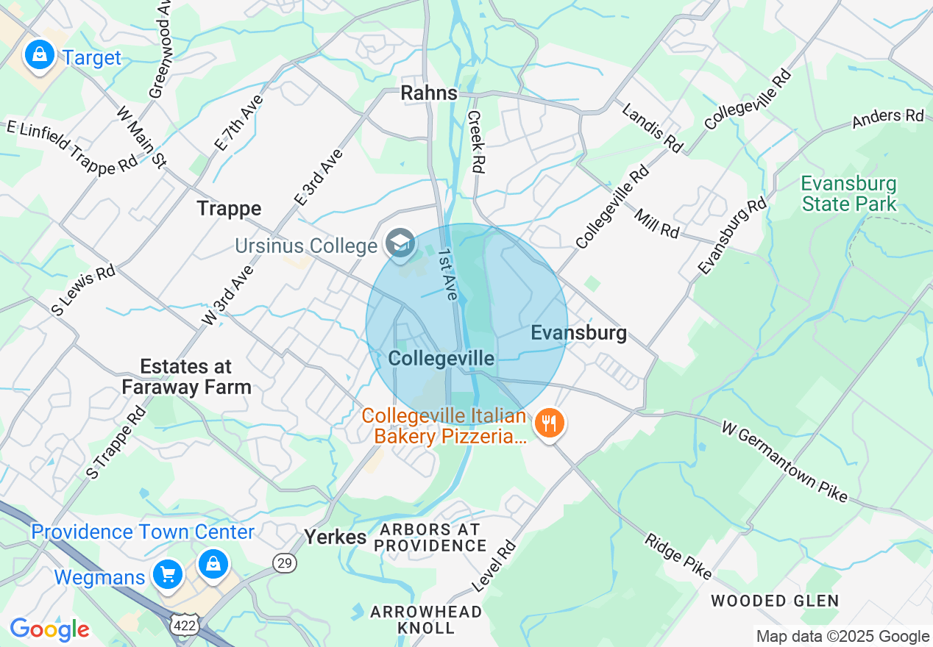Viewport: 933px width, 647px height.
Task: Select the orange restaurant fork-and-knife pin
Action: click(x=548, y=423)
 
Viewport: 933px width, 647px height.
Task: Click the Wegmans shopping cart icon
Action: click(x=168, y=573)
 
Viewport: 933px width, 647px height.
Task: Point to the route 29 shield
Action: click(x=284, y=563)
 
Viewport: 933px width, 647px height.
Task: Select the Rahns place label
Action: click(x=428, y=93)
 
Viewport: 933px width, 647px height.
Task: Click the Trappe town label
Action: click(x=229, y=209)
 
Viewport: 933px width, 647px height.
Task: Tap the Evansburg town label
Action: click(x=579, y=333)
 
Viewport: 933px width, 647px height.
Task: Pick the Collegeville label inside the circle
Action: click(x=441, y=358)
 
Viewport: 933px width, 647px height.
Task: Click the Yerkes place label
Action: click(x=336, y=537)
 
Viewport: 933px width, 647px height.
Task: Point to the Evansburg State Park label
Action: click(x=849, y=193)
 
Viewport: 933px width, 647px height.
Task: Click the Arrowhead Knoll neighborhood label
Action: click(x=426, y=619)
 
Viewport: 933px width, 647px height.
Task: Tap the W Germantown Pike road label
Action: click(x=784, y=462)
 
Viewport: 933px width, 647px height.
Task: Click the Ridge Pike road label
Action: click(x=678, y=556)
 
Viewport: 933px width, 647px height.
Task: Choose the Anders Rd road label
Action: click(x=887, y=120)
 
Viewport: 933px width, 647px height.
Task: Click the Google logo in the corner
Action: click(x=49, y=630)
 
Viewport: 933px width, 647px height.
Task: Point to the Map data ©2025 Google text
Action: click(x=842, y=637)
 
